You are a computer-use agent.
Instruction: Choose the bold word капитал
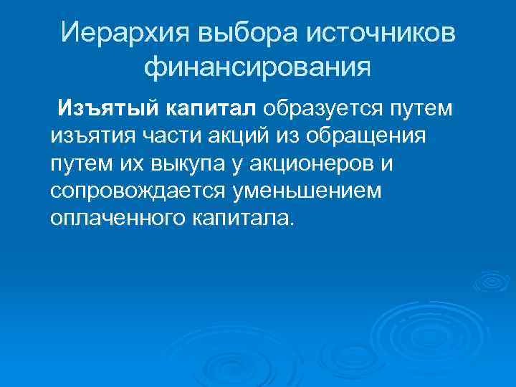pyautogui.click(x=212, y=109)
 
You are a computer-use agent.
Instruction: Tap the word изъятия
pyautogui.click(x=90, y=136)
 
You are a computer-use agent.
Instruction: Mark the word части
pyautogui.click(x=168, y=136)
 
